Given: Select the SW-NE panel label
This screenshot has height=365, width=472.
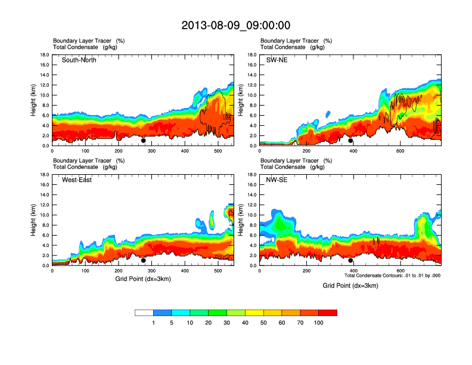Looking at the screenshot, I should pyautogui.click(x=277, y=60).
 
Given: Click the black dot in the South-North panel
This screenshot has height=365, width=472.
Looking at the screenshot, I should pyautogui.click(x=144, y=141).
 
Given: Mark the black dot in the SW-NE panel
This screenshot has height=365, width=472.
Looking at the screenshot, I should pyautogui.click(x=350, y=141).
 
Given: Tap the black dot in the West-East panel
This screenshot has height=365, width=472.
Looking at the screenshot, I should pyautogui.click(x=144, y=261).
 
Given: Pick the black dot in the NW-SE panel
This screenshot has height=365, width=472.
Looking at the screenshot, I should pyautogui.click(x=350, y=261).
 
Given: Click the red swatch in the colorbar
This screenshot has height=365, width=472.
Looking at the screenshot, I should pyautogui.click(x=328, y=313).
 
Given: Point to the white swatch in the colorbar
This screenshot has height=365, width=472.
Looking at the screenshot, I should pyautogui.click(x=144, y=313).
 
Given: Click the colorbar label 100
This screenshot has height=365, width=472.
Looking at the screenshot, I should pyautogui.click(x=319, y=323).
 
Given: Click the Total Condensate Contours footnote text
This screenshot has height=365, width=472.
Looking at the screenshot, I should pyautogui.click(x=393, y=276).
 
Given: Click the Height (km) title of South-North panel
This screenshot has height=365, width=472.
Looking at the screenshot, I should pyautogui.click(x=35, y=100).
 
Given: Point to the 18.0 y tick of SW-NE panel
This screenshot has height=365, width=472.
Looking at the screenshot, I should pyautogui.click(x=252, y=55).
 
